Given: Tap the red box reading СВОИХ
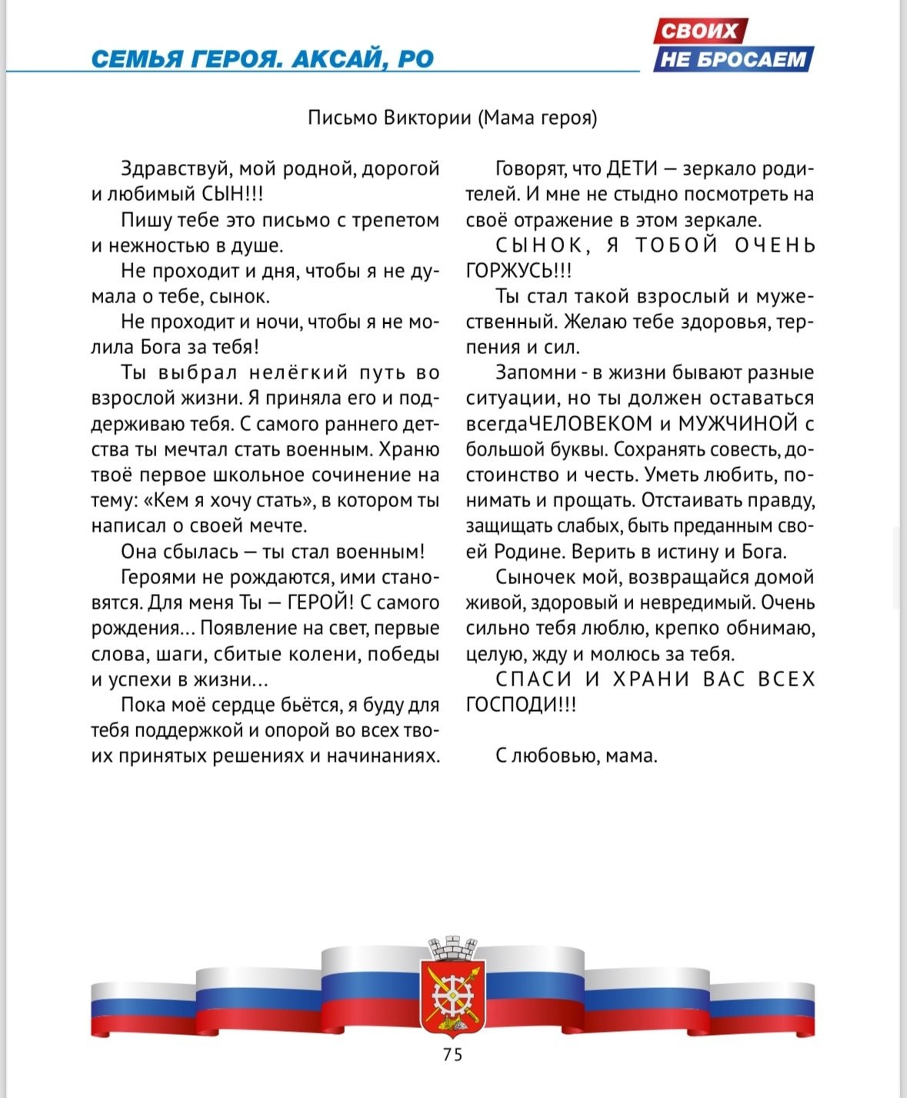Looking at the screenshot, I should click(x=699, y=32).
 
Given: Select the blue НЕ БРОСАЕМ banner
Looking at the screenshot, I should click(x=733, y=59).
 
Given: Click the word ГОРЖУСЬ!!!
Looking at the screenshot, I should click(x=519, y=271).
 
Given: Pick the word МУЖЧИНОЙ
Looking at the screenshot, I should click(x=737, y=424).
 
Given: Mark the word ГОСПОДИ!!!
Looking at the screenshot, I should click(x=521, y=705).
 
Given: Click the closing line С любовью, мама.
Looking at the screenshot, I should click(x=576, y=756).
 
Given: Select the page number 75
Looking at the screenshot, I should click(x=453, y=1054).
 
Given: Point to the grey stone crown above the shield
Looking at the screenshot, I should click(x=452, y=948).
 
